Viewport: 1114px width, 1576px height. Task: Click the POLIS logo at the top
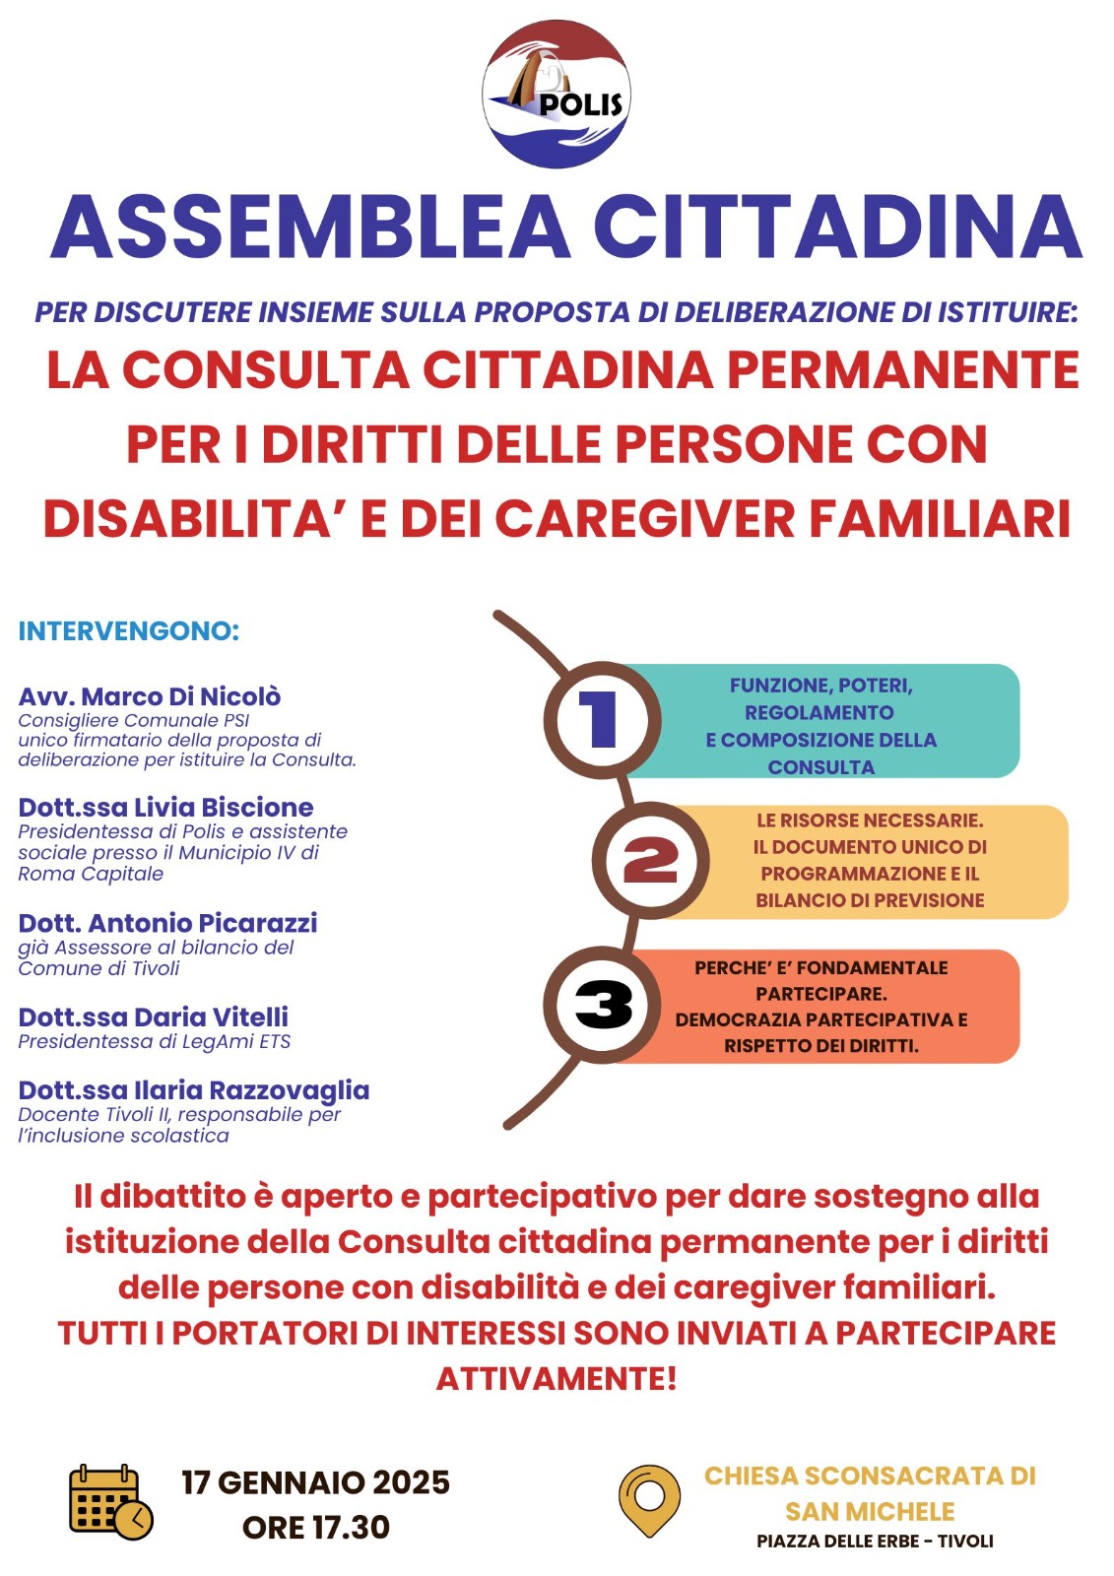pos(557,95)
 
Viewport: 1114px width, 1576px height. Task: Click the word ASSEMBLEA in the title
pos(311,227)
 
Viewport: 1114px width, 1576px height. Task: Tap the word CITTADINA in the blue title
pos(837,227)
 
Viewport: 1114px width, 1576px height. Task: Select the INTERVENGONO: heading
pos(129,631)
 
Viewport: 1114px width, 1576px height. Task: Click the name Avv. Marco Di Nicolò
pos(150,696)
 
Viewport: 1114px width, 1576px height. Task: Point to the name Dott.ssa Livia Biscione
pos(165,808)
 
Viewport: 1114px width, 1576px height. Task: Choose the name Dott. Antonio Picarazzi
pos(167,923)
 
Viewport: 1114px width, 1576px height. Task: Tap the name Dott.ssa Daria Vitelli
pos(154,1017)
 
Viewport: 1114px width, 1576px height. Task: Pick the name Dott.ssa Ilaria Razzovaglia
pos(194,1090)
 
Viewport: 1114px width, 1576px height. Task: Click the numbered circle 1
pos(601,718)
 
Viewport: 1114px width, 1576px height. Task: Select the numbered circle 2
pos(650,861)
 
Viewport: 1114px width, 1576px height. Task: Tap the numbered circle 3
pos(603,1006)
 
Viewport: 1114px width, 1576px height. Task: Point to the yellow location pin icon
pos(649,1500)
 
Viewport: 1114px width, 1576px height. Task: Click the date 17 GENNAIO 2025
pos(315,1482)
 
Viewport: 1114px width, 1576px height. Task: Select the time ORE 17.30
pos(315,1528)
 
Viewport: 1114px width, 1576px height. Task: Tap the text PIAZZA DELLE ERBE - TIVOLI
pos(875,1542)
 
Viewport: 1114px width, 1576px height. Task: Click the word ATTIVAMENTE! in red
pos(557,1378)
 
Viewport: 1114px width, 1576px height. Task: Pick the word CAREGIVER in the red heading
pos(644,519)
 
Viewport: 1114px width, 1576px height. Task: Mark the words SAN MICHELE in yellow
pos(870,1511)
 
